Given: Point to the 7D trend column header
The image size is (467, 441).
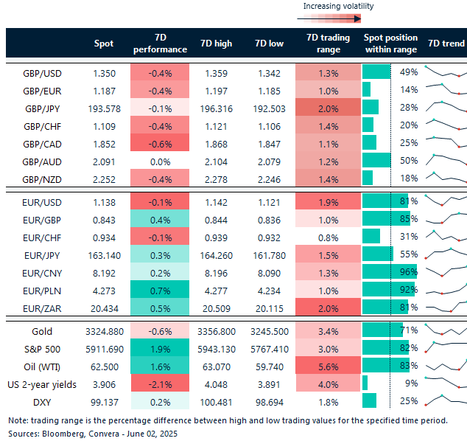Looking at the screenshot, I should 446,44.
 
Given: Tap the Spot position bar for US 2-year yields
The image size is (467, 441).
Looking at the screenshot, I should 365,383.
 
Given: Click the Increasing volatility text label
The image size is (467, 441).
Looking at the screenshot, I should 339,6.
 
